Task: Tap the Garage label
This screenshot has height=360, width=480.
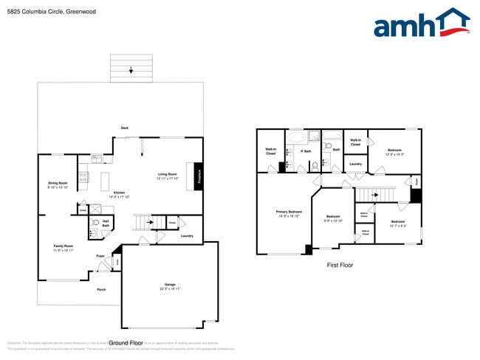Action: (x=170, y=284)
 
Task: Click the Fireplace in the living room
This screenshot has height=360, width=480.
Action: (x=198, y=176)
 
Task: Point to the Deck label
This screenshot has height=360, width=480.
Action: (x=125, y=128)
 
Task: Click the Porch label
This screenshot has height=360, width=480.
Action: (x=101, y=289)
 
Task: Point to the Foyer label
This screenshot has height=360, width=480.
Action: (x=100, y=256)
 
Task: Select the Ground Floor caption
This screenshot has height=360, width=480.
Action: (x=126, y=343)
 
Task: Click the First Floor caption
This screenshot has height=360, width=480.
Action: (x=339, y=264)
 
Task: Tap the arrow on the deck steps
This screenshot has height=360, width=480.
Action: (x=131, y=71)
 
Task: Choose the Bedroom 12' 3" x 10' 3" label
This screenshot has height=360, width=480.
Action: (x=394, y=152)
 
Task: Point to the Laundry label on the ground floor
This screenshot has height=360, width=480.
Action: (x=186, y=236)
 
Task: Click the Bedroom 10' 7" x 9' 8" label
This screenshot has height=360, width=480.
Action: (x=398, y=224)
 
